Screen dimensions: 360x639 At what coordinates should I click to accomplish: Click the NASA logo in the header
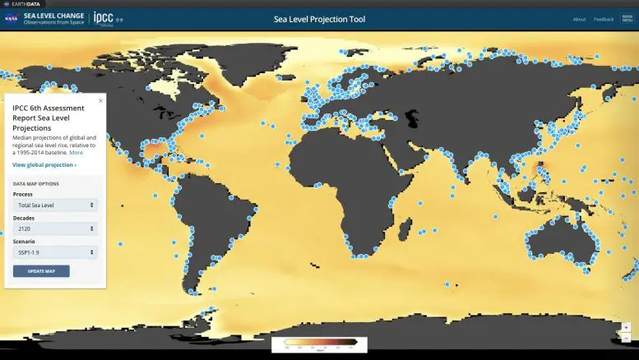12,19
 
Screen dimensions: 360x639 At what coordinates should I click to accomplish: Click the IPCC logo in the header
104,18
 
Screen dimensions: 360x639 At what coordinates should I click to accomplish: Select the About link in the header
579,19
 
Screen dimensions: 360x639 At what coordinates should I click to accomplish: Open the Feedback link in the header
604,19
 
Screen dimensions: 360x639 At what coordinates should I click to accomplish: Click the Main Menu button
627,19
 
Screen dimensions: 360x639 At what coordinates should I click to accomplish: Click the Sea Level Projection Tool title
319,18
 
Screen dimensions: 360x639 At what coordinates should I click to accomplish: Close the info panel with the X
100,100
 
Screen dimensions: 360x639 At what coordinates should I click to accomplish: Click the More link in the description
76,153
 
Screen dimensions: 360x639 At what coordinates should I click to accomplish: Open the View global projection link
44,165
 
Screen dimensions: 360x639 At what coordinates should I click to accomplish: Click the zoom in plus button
627,327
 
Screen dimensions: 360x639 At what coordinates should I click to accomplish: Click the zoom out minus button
627,338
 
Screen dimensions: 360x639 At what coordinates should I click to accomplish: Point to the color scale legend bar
319,341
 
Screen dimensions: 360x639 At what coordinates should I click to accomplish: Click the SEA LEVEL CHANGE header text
53,16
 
